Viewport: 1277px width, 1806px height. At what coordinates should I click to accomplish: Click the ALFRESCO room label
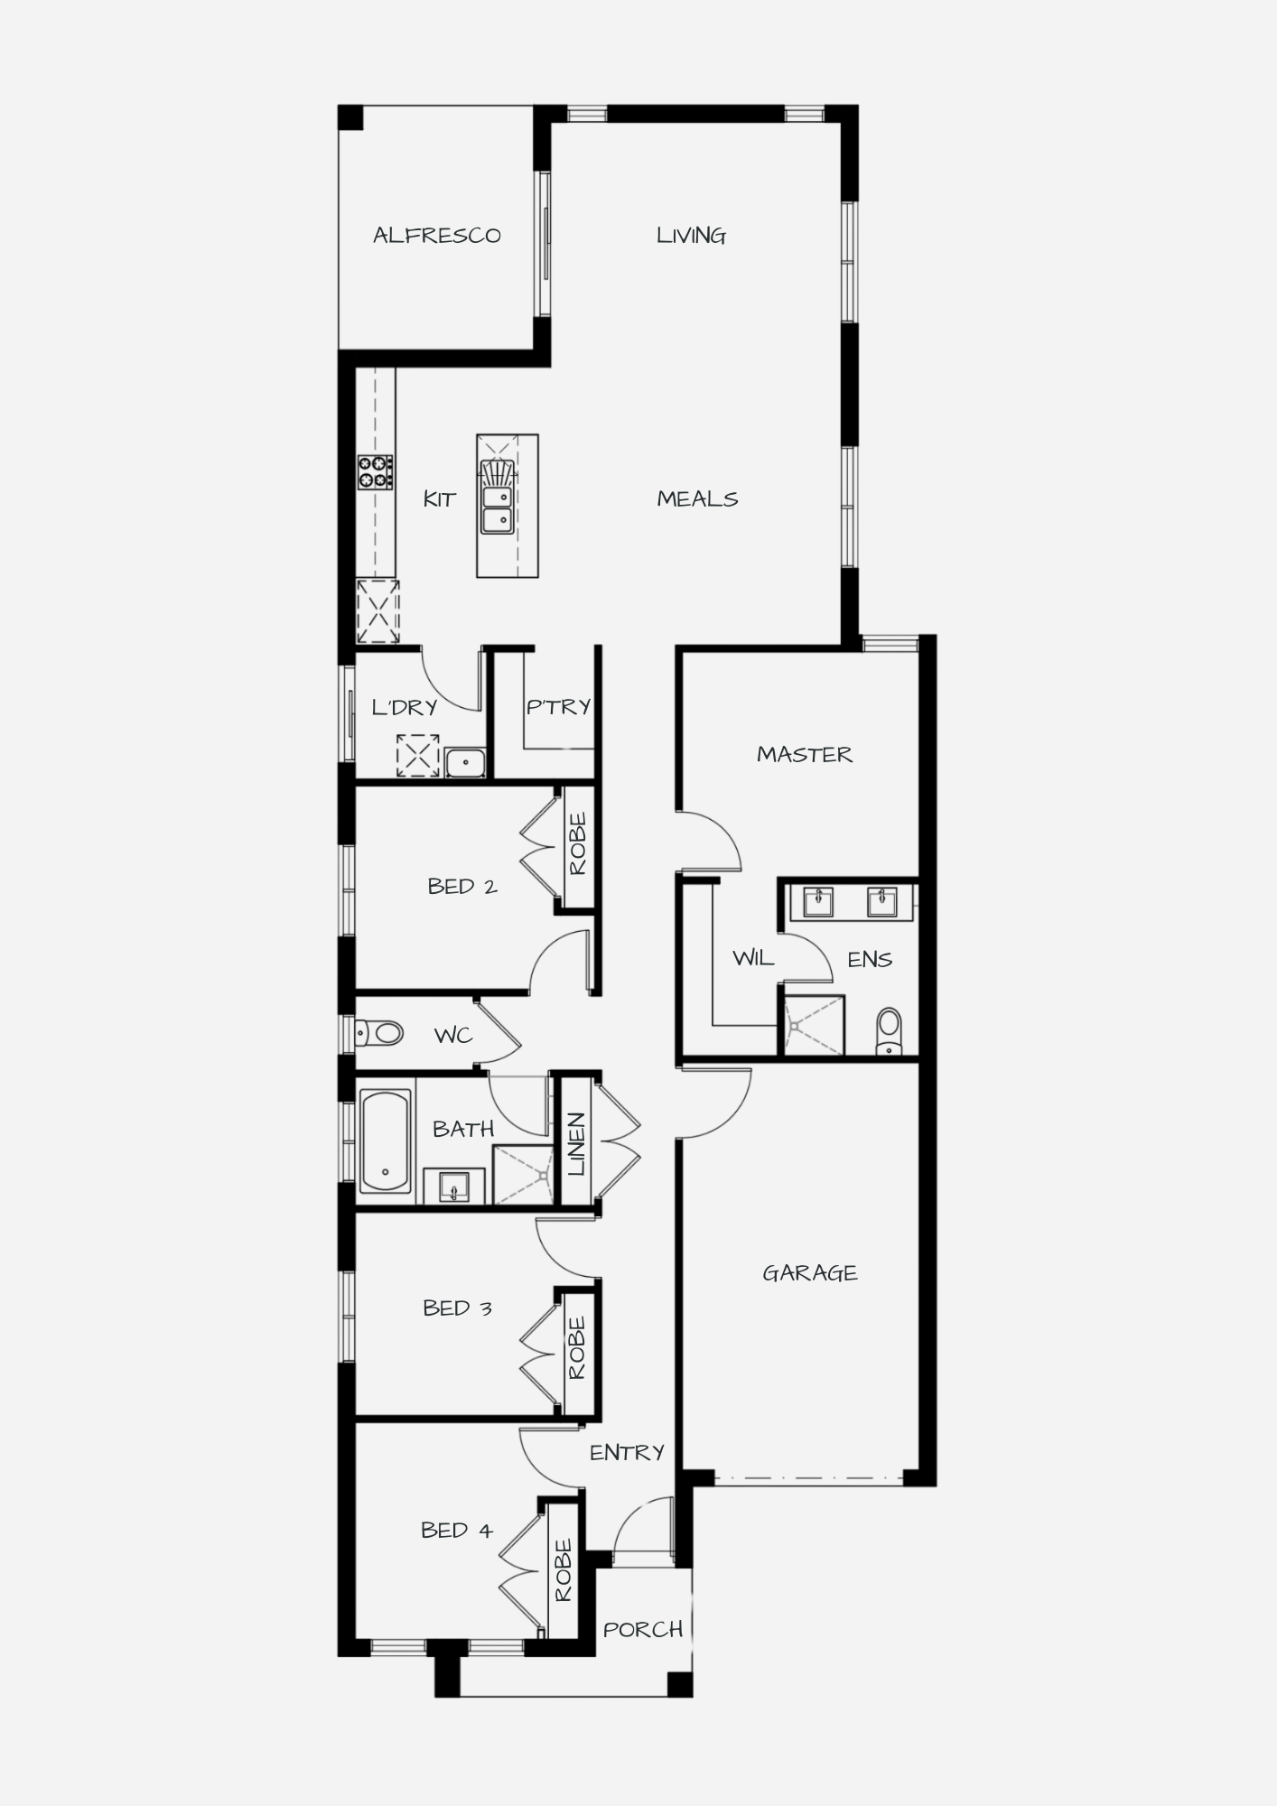(437, 236)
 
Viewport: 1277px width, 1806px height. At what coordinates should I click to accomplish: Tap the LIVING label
(691, 236)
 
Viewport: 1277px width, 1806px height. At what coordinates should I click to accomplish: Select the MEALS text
(697, 498)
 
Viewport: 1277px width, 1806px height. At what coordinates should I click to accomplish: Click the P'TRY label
(559, 706)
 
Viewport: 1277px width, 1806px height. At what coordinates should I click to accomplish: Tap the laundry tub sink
(465, 763)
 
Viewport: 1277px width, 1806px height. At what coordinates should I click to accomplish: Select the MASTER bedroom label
(805, 754)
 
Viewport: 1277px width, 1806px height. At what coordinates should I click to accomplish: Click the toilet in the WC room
(378, 1032)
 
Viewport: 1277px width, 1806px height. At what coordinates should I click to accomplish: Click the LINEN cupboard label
(576, 1144)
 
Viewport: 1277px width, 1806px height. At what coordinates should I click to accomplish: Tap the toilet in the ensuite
(890, 1031)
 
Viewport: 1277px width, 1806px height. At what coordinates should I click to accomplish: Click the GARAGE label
(810, 1273)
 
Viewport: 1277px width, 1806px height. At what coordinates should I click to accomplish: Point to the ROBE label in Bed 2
(578, 844)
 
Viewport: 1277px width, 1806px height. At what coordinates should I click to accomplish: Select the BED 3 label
(458, 1308)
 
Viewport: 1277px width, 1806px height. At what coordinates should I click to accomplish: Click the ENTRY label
(627, 1452)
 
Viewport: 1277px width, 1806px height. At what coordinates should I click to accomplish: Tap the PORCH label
(643, 1630)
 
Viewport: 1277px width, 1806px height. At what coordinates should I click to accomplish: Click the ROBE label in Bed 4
(564, 1570)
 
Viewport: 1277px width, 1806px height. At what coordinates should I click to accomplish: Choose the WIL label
(753, 958)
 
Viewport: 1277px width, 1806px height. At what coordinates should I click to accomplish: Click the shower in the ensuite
(814, 1025)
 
